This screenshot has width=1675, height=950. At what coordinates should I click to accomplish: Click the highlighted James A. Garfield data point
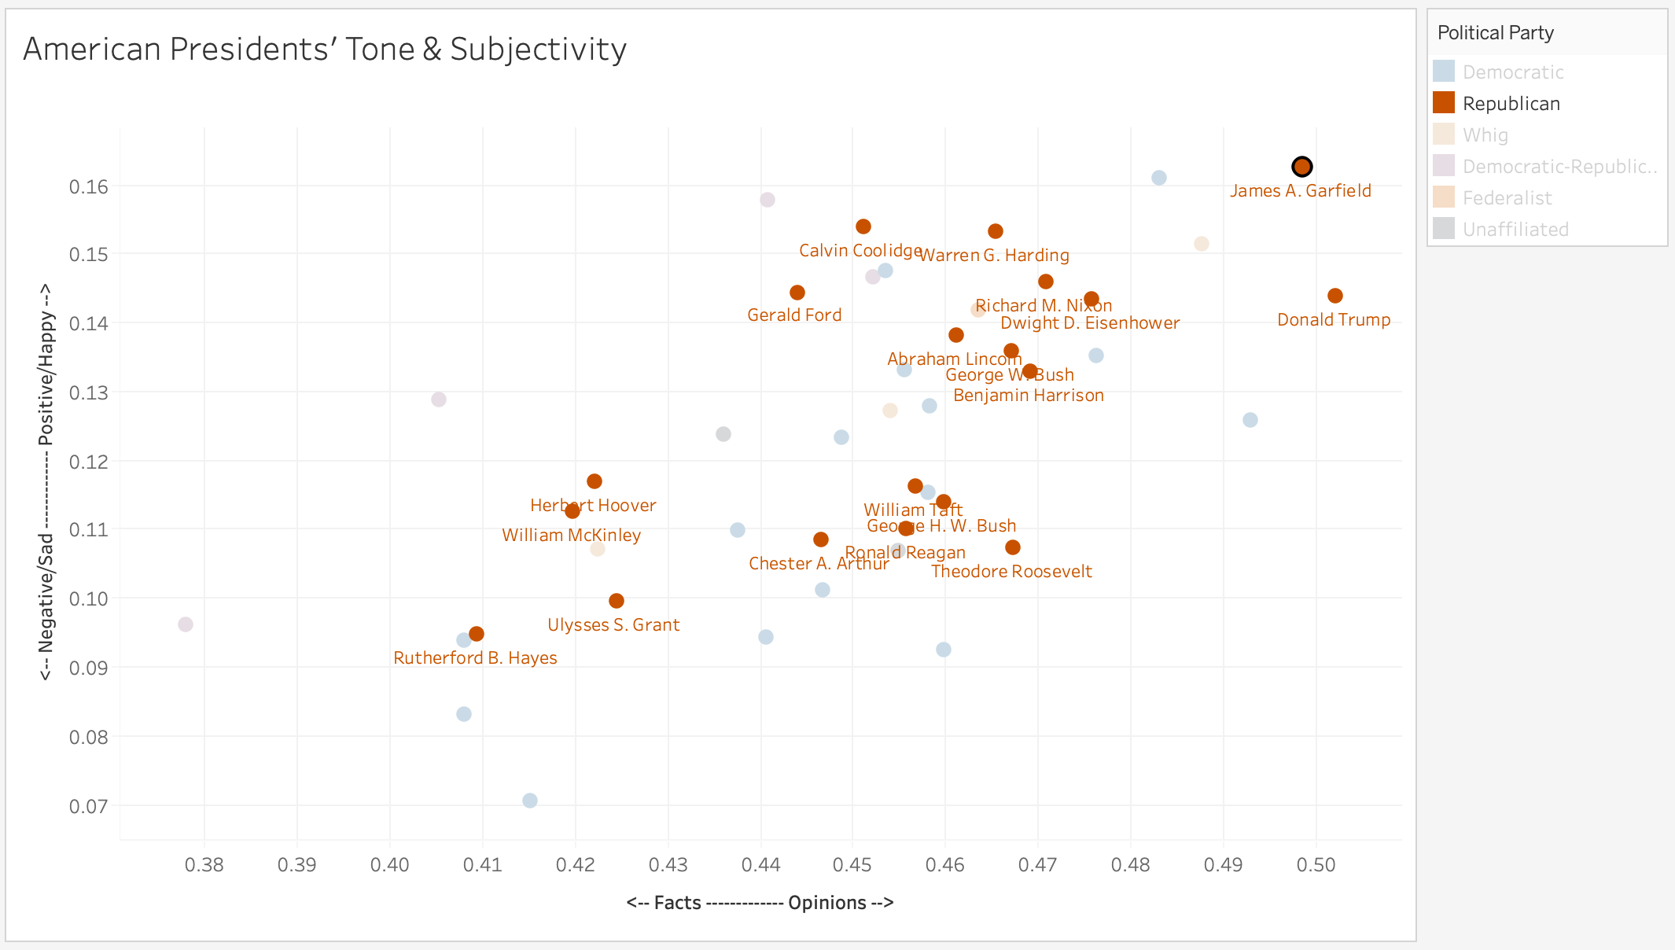pos(1302,167)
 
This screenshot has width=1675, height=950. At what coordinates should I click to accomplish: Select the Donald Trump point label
pos(1334,320)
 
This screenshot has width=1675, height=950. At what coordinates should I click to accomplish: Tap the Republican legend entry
pos(1511,104)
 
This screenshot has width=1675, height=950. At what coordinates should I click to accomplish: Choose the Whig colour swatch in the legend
pos(1444,134)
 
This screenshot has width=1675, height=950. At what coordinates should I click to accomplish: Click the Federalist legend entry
pos(1507,198)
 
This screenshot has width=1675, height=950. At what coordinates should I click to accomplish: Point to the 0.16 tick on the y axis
pos(88,187)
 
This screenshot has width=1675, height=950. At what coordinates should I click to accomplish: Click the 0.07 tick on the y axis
pos(88,806)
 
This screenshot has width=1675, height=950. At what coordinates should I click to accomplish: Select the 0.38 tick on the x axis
pos(204,866)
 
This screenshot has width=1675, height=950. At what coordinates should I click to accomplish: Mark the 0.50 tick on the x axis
pos(1316,866)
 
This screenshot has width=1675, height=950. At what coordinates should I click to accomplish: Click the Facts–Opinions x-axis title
pos(760,903)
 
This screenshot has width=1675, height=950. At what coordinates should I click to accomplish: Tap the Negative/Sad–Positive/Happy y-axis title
pos(46,482)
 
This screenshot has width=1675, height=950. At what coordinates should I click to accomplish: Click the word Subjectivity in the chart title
pos(538,50)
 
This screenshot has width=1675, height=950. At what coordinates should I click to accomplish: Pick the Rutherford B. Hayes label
pos(475,658)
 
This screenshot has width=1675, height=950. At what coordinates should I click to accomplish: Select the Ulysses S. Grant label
pos(613,625)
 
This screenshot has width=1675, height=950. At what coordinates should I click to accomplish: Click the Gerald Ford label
pos(794,315)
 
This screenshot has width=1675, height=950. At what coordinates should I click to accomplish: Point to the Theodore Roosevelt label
pos(1011,572)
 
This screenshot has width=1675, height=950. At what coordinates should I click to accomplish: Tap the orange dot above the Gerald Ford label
pos(797,293)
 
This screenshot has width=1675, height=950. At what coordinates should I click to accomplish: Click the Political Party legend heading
pos(1495,33)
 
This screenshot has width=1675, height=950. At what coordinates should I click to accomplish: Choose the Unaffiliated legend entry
pos(1515,230)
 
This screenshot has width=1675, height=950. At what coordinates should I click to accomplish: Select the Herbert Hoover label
pos(593,506)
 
